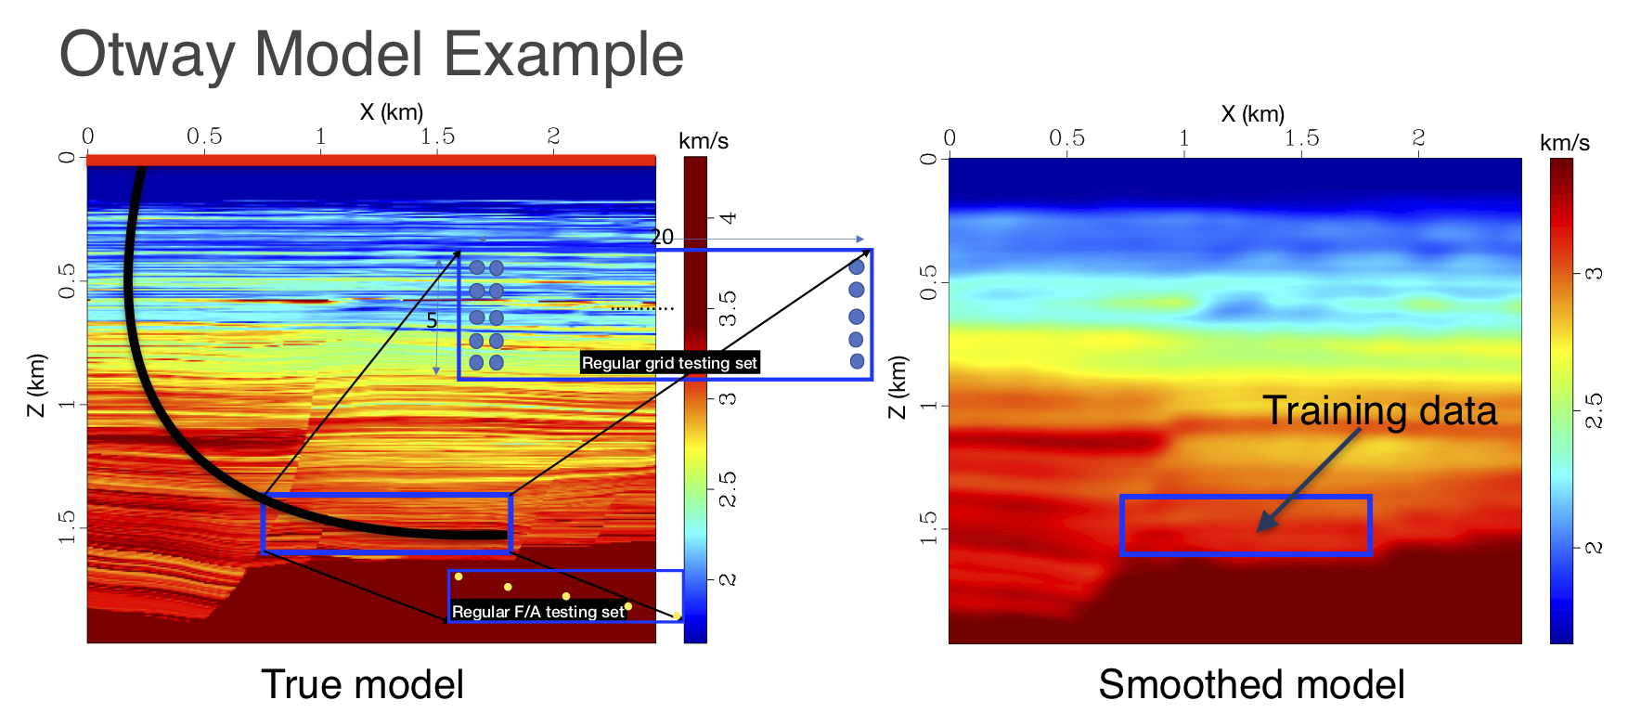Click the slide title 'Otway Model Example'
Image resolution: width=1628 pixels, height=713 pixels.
pyautogui.click(x=371, y=54)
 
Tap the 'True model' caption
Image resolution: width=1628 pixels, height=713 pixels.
pyautogui.click(x=362, y=684)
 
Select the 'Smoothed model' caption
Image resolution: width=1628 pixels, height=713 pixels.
pyautogui.click(x=1251, y=684)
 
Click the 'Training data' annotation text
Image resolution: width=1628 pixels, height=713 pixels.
pyautogui.click(x=1379, y=410)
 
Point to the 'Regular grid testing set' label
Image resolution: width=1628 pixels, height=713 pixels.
pyautogui.click(x=669, y=363)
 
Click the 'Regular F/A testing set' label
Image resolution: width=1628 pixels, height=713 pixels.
pyautogui.click(x=538, y=612)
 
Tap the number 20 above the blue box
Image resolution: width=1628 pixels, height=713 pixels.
pyautogui.click(x=662, y=238)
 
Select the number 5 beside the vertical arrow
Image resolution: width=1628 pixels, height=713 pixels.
pyautogui.click(x=432, y=321)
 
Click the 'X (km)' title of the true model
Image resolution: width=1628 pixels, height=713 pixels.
pyautogui.click(x=391, y=112)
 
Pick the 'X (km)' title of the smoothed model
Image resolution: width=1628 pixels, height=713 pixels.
pyautogui.click(x=1252, y=114)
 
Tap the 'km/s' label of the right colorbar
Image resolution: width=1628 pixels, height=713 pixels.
pyautogui.click(x=1564, y=143)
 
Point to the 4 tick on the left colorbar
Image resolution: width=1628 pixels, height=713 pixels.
pyautogui.click(x=729, y=217)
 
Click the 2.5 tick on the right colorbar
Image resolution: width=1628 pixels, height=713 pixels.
pyautogui.click(x=1593, y=409)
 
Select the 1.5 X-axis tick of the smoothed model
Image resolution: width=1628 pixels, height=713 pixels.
pyautogui.click(x=1301, y=138)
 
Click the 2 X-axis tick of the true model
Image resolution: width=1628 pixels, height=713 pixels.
pyautogui.click(x=553, y=136)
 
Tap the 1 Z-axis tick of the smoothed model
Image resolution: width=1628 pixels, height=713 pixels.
pyautogui.click(x=927, y=406)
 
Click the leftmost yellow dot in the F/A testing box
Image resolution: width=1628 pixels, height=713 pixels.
pyautogui.click(x=459, y=577)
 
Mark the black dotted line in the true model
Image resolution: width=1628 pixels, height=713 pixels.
pyautogui.click(x=642, y=308)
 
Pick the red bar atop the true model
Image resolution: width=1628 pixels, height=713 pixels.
pyautogui.click(x=371, y=161)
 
